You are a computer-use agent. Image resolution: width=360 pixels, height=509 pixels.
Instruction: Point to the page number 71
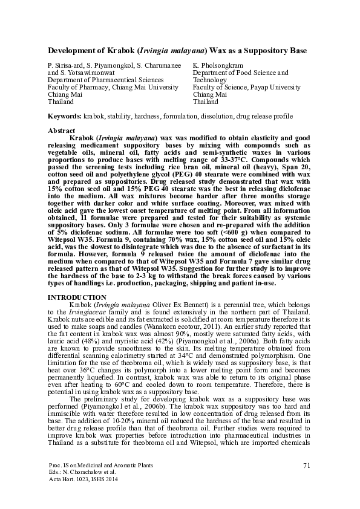point(308,464)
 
